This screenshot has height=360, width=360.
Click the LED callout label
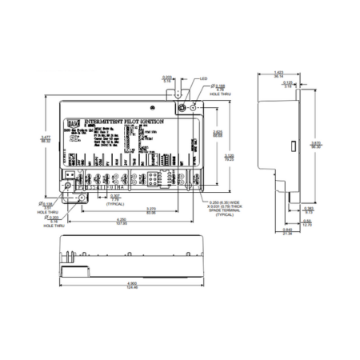(x=204, y=79)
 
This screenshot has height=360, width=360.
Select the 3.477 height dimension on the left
(x=45, y=142)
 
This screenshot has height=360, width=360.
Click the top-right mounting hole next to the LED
(x=182, y=105)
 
